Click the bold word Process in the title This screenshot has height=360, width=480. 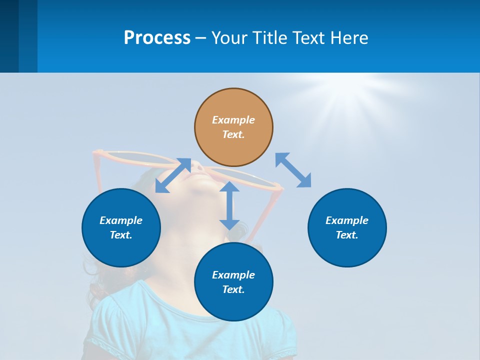(x=157, y=38)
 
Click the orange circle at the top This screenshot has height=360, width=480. (x=233, y=127)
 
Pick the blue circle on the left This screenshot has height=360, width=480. (x=121, y=227)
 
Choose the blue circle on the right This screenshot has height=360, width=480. (x=347, y=227)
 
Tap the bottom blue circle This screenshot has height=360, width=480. (x=233, y=282)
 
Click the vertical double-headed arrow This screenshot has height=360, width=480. (x=229, y=205)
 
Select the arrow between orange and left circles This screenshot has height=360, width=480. (x=173, y=175)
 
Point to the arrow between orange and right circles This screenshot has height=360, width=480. (x=293, y=170)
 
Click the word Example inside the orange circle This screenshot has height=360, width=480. (x=233, y=120)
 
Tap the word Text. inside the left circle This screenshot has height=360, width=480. (x=121, y=235)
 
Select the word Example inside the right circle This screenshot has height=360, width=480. (x=347, y=220)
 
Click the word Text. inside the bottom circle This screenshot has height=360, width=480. (x=233, y=289)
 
